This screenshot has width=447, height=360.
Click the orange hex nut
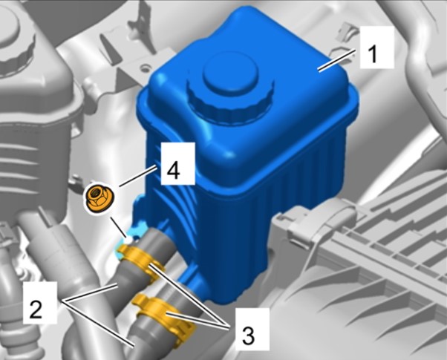tap(99, 199)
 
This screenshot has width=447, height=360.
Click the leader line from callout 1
tap(337, 60)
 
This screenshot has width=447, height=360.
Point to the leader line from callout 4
tap(137, 176)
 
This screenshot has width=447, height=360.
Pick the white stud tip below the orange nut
tap(128, 240)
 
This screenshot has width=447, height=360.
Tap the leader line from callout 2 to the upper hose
tap(91, 292)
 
